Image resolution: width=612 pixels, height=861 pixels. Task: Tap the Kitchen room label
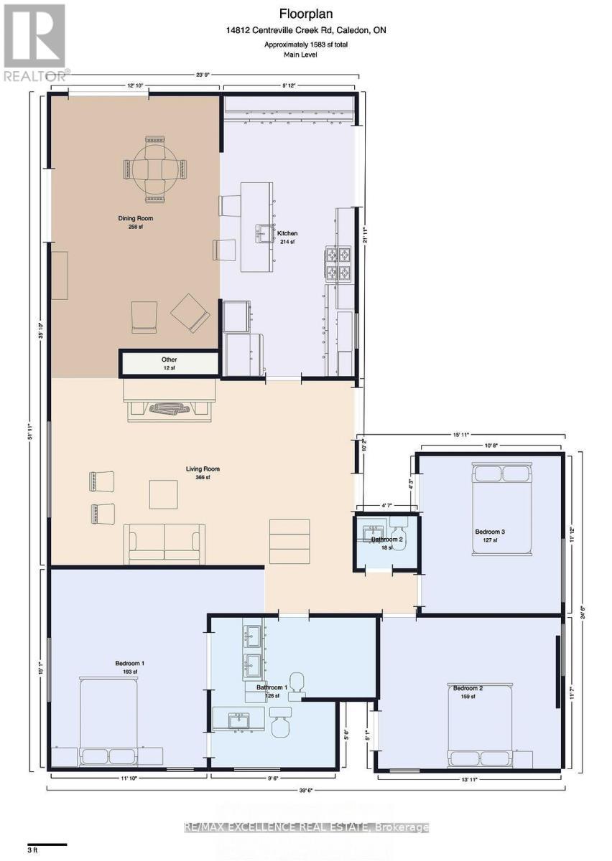[288, 233]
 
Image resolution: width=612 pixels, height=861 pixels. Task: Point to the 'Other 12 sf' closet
[169, 364]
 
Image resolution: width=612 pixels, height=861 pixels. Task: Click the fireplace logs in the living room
[170, 409]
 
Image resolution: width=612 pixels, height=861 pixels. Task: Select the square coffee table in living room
[163, 494]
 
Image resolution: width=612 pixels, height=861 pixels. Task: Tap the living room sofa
[164, 543]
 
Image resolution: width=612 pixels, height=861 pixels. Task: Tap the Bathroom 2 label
[387, 539]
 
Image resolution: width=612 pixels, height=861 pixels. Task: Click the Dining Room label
[135, 219]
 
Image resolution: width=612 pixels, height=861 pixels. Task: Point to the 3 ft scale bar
[47, 844]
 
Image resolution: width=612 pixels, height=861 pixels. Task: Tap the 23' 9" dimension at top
[202, 75]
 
